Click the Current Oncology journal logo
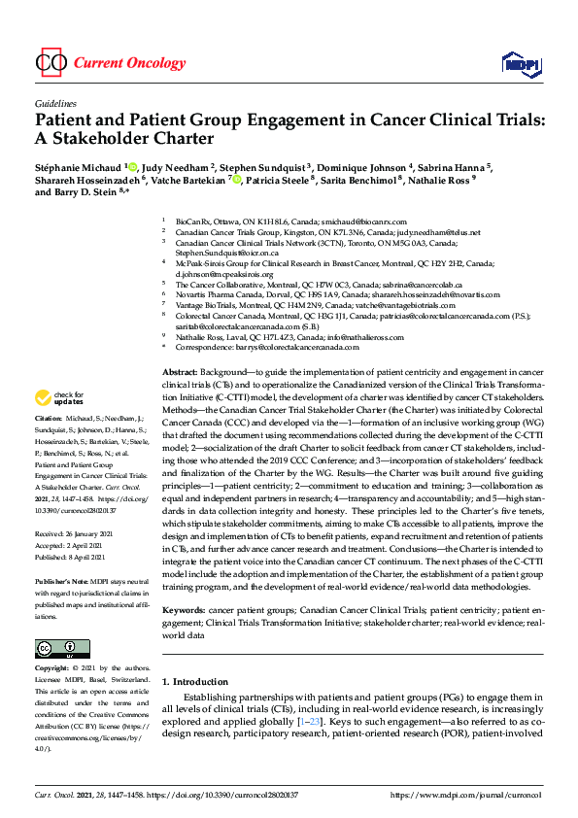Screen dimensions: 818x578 coord(110,63)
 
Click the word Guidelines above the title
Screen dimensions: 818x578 coord(55,102)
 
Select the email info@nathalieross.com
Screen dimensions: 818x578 coord(336,335)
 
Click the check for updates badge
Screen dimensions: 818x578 coord(59,426)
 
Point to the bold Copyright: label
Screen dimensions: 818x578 coord(52,669)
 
